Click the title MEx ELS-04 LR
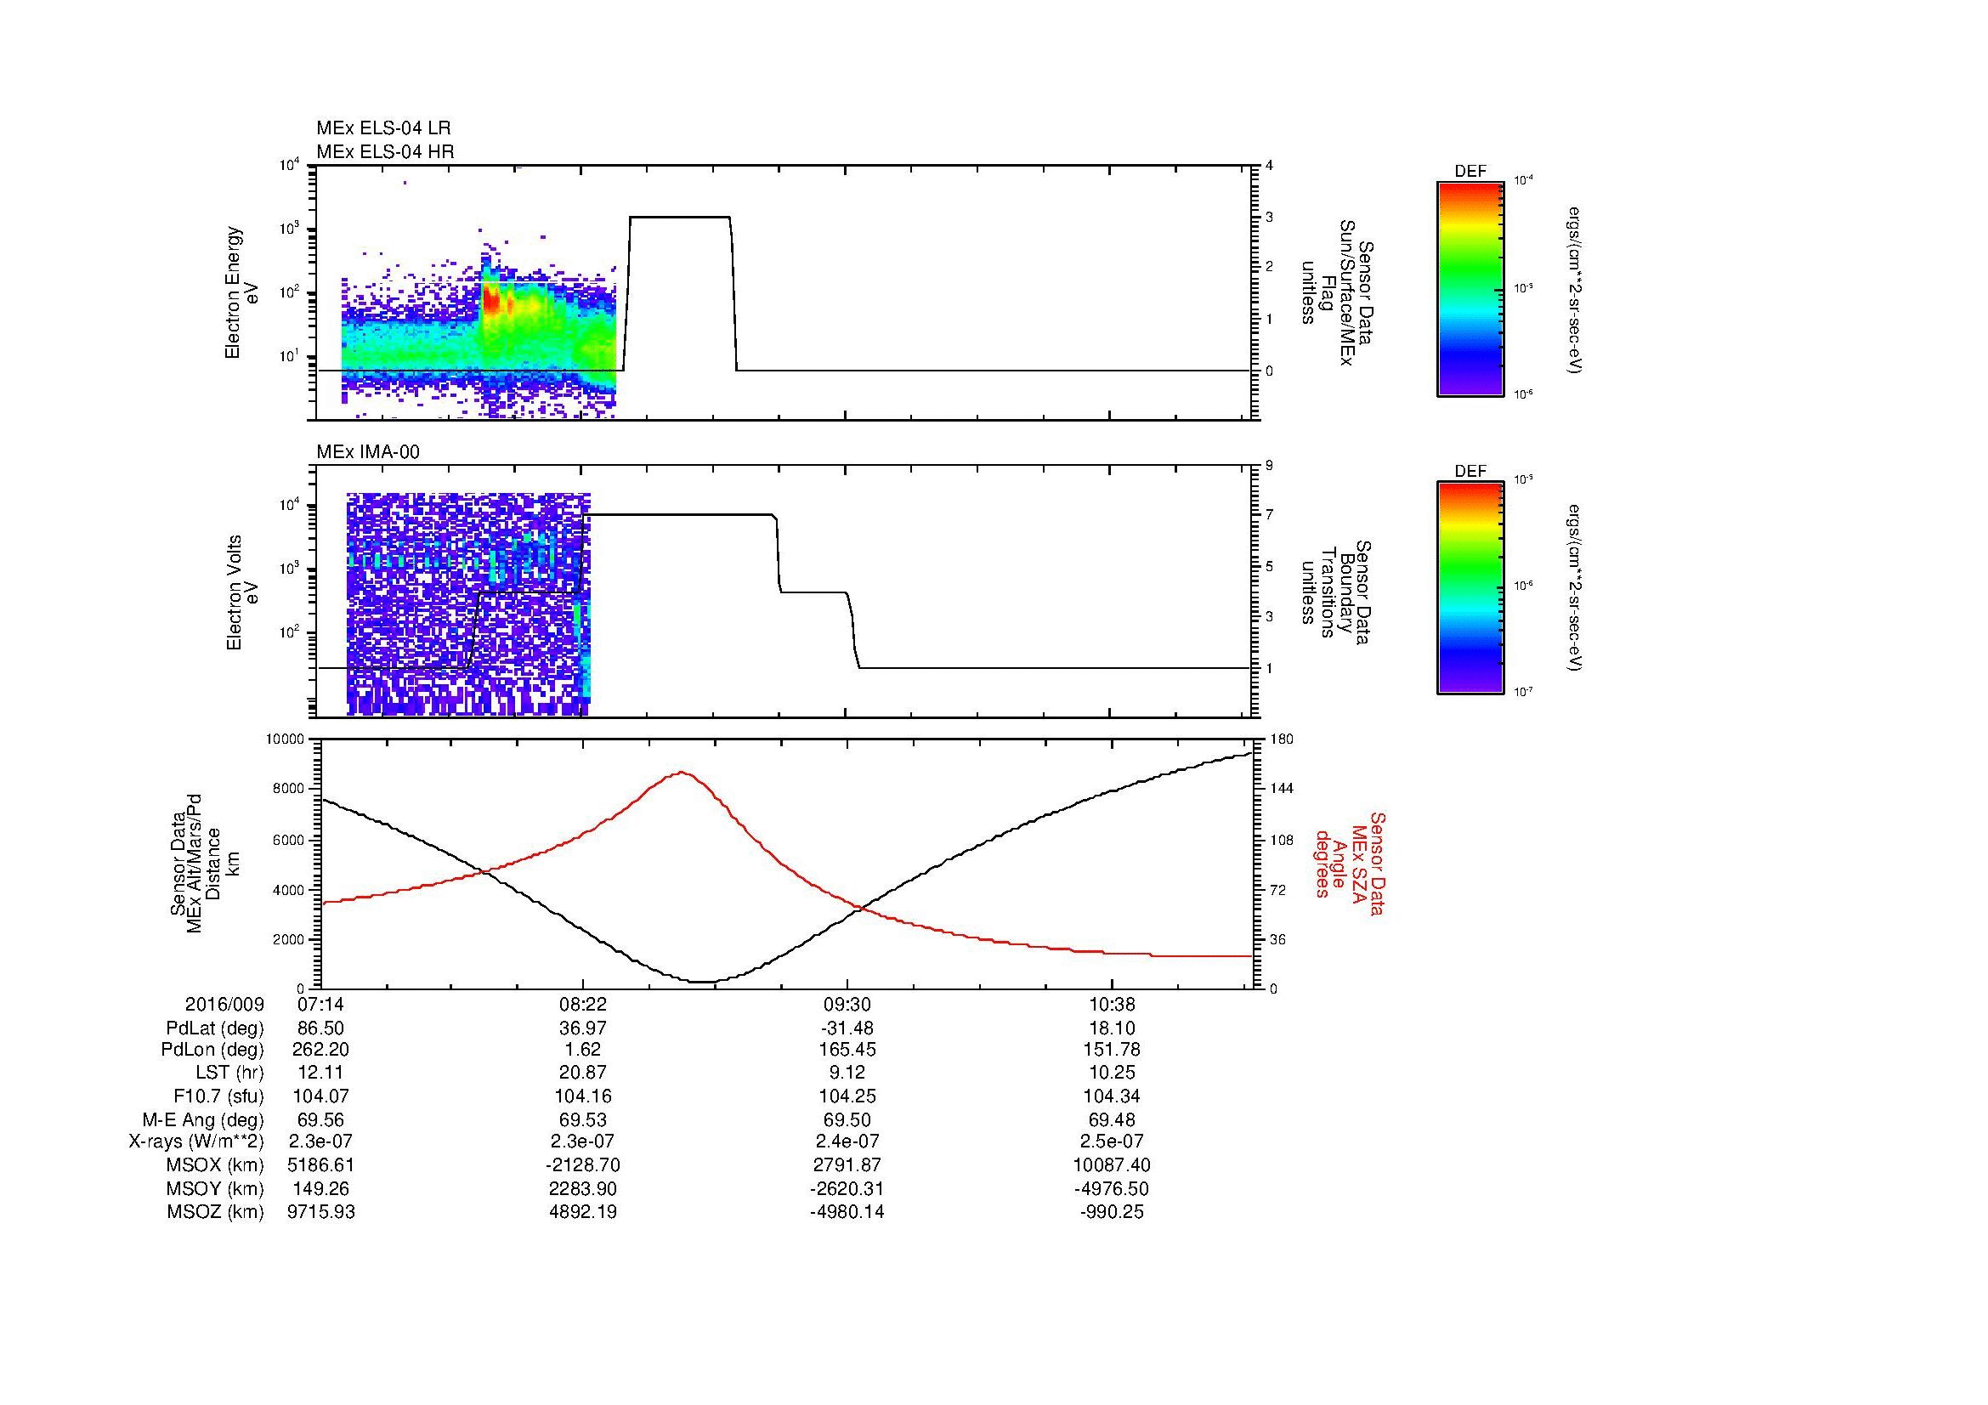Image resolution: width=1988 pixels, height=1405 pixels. [382, 128]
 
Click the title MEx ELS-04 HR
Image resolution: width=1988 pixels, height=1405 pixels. [384, 151]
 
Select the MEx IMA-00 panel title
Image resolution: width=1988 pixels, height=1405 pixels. [368, 452]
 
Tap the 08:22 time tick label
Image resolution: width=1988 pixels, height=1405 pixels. [584, 1005]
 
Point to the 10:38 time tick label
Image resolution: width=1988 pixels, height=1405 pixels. [1111, 1005]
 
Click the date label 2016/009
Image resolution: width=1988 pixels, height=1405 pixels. [224, 1005]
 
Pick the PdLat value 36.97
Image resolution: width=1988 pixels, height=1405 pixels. [584, 1028]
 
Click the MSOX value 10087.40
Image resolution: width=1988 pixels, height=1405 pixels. [1111, 1165]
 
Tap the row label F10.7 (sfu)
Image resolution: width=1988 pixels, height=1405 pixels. [218, 1096]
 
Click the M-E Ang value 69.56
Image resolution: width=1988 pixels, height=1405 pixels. [320, 1119]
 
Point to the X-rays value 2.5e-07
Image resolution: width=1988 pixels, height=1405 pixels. [1111, 1142]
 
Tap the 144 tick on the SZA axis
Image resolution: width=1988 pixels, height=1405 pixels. [1281, 789]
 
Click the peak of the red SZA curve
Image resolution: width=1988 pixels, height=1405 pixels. [682, 772]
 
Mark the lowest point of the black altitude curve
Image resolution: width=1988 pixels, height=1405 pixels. [703, 982]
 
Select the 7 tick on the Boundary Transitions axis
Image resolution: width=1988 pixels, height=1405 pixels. [1270, 515]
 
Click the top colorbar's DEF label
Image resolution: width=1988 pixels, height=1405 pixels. [1470, 172]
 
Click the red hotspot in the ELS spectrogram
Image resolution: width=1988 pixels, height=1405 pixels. [491, 300]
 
